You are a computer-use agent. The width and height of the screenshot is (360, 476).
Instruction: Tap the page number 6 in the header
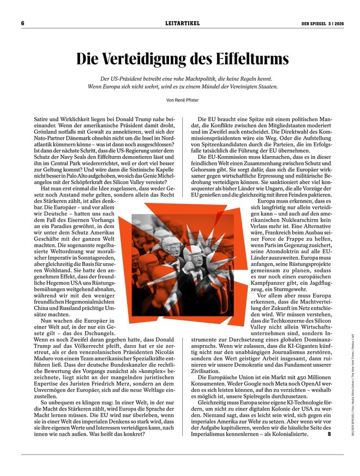tap(23, 23)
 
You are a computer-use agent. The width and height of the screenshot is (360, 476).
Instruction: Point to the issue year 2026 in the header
tap(338, 23)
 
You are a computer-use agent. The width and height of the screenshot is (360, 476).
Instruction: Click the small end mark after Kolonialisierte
tap(329, 435)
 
